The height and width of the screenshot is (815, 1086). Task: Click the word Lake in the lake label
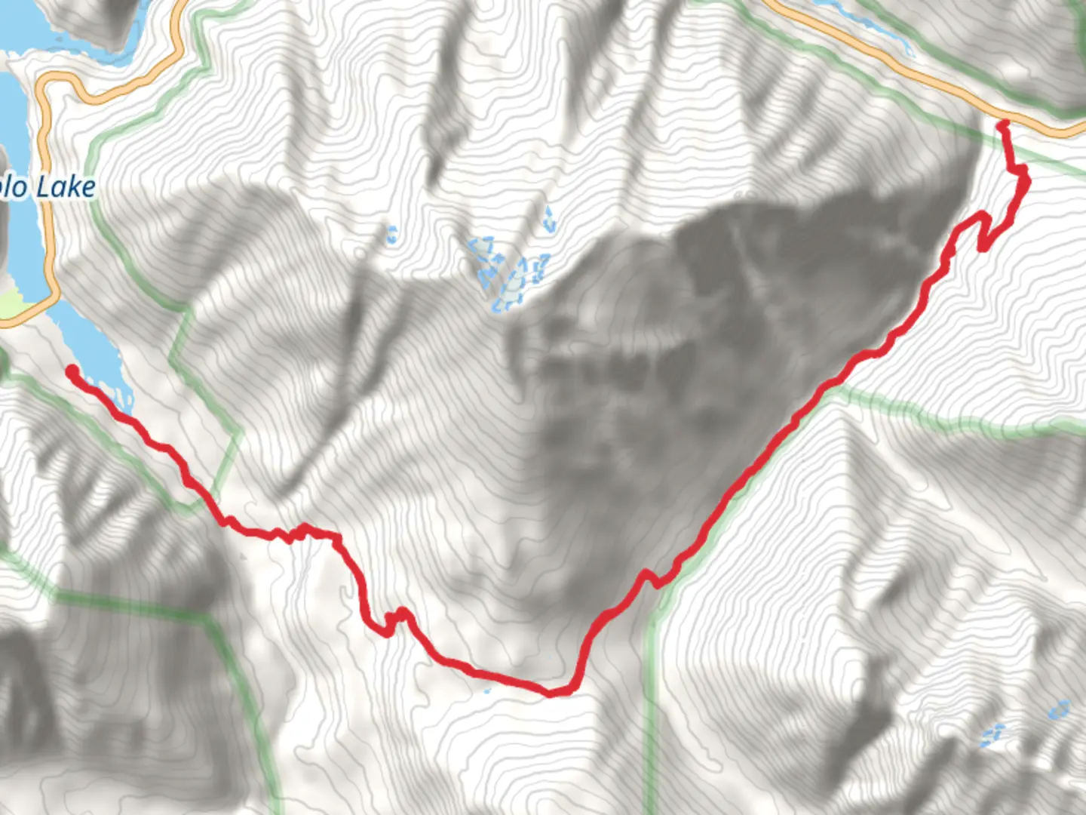click(x=67, y=187)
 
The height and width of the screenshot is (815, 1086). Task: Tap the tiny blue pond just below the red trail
click(x=487, y=689)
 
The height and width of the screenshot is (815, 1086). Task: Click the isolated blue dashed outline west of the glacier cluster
click(x=391, y=235)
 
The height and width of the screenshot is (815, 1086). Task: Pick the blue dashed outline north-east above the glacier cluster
click(x=548, y=220)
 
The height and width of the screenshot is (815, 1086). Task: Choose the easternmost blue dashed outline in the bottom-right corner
click(x=1060, y=710)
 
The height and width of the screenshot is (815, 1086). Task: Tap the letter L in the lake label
click(x=44, y=187)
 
